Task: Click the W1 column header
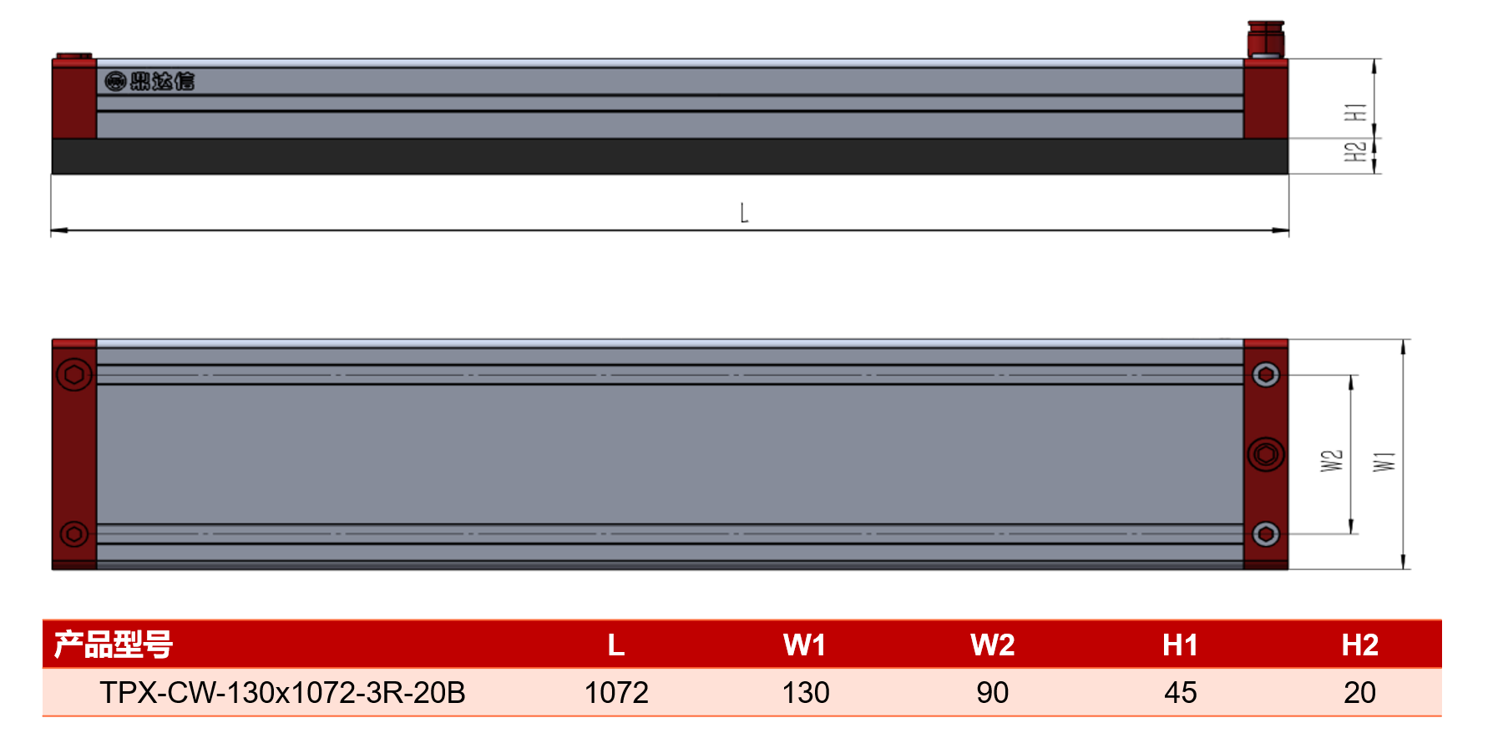click(804, 645)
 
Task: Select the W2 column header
click(992, 645)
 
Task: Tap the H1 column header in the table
click(1180, 645)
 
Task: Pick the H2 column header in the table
click(1359, 645)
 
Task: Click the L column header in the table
click(616, 645)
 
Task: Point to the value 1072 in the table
click(616, 693)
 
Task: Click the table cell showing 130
click(806, 693)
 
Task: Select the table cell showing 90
click(993, 693)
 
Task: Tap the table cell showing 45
click(1181, 693)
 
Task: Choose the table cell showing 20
click(1360, 693)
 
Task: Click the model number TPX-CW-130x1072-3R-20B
click(282, 693)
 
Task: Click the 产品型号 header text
click(114, 645)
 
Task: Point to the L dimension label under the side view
click(744, 213)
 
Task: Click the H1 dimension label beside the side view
click(1355, 112)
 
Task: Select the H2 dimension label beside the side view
click(1355, 152)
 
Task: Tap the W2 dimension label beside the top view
click(1332, 461)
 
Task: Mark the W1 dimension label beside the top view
click(1384, 461)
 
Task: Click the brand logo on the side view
click(150, 81)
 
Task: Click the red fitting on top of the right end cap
click(1266, 39)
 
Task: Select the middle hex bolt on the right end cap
click(1266, 454)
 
